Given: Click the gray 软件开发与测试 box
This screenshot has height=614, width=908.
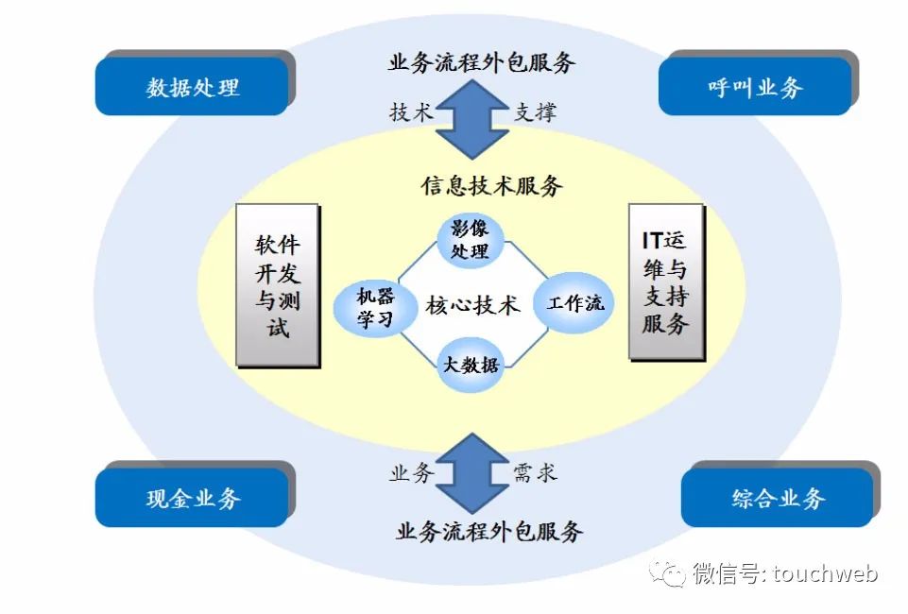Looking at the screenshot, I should [x=277, y=285].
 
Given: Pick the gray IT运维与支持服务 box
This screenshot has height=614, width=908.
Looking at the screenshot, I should [x=665, y=281].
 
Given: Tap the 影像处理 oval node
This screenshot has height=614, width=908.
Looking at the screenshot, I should [x=470, y=239].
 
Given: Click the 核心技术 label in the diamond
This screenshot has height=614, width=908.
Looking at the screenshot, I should [x=472, y=305].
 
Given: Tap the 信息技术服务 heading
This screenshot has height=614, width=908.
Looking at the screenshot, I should [x=491, y=185].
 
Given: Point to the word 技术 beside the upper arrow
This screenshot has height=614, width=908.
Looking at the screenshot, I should [x=410, y=111].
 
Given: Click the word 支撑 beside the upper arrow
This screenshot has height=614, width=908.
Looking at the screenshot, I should [x=535, y=111].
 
